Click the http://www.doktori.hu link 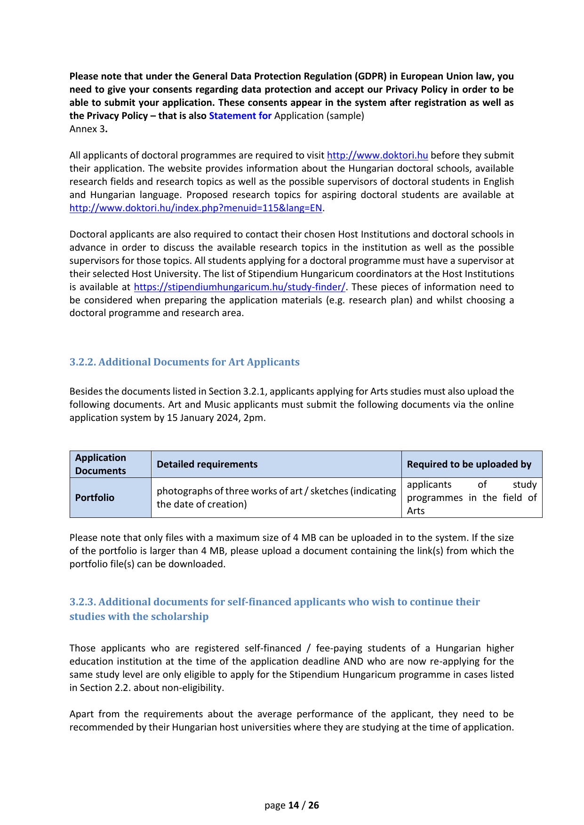(377, 155)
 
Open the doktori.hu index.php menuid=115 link (196, 208)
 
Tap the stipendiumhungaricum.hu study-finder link (240, 287)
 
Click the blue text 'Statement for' (240, 116)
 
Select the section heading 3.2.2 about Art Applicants (184, 362)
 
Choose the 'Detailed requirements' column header (207, 464)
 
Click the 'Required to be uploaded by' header (469, 464)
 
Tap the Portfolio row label (95, 498)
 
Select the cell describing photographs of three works (276, 498)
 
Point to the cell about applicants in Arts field (472, 498)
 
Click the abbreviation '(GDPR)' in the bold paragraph (372, 76)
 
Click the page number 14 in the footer (294, 805)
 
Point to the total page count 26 (313, 805)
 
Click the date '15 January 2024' (202, 418)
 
